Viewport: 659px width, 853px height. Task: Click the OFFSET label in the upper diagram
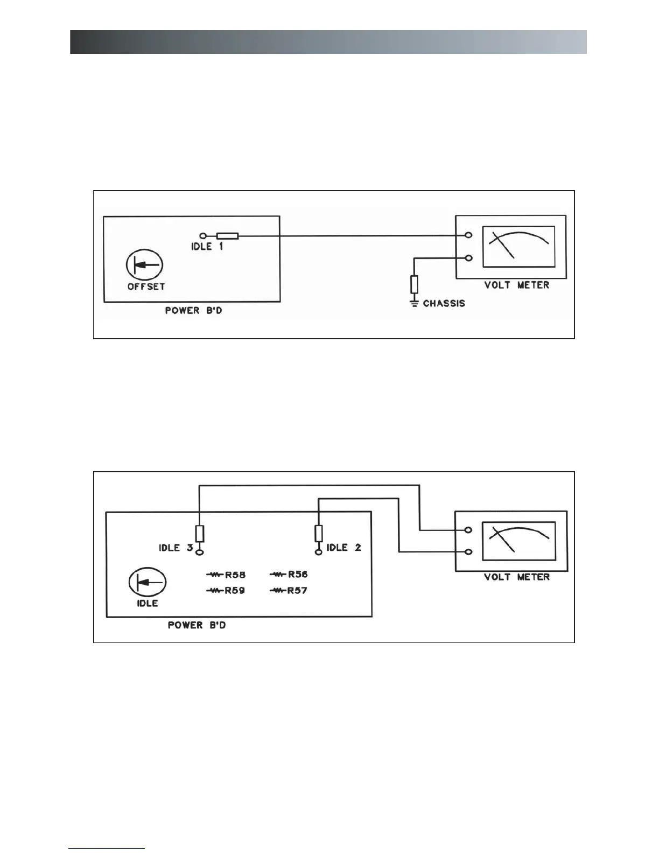click(x=146, y=286)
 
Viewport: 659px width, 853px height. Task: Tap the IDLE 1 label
click(x=207, y=247)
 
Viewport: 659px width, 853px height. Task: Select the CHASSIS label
click(x=444, y=303)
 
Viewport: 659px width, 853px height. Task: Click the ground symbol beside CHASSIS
click(x=414, y=304)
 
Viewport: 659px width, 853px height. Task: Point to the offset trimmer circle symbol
click(x=144, y=265)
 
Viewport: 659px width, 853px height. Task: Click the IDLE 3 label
click(x=176, y=548)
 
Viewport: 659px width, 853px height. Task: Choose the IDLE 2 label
click(x=343, y=548)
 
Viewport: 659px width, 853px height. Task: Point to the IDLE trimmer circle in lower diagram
click(x=147, y=583)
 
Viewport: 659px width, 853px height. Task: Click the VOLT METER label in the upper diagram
click(x=517, y=285)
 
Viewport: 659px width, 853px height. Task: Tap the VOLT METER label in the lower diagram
click(x=517, y=577)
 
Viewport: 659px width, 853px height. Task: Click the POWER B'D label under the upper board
click(x=193, y=311)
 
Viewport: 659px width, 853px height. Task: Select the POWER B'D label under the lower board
click(x=197, y=625)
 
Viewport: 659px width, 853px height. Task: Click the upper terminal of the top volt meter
click(x=469, y=235)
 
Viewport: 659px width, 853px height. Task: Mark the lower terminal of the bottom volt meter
click(x=469, y=552)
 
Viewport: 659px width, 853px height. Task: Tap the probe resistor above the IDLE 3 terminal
click(x=200, y=533)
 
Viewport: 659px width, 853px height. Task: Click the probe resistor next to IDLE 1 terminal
click(x=227, y=235)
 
